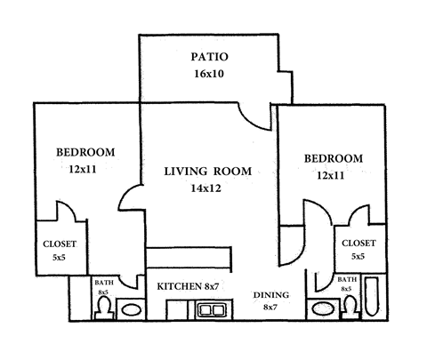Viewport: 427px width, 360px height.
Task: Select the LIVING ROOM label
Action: click(x=207, y=171)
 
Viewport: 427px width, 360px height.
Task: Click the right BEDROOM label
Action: click(x=334, y=158)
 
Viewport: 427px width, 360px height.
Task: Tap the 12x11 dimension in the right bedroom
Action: click(x=331, y=175)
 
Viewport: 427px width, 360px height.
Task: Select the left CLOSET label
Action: click(x=60, y=244)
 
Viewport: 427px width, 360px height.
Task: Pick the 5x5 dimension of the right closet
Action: click(x=358, y=256)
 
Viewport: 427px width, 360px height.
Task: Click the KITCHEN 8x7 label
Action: click(x=189, y=286)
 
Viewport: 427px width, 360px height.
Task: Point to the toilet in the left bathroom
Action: click(x=103, y=308)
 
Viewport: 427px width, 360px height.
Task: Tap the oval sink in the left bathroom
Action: click(x=131, y=310)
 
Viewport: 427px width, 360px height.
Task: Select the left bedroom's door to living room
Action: click(x=131, y=197)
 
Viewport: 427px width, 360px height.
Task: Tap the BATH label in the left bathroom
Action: click(x=103, y=283)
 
